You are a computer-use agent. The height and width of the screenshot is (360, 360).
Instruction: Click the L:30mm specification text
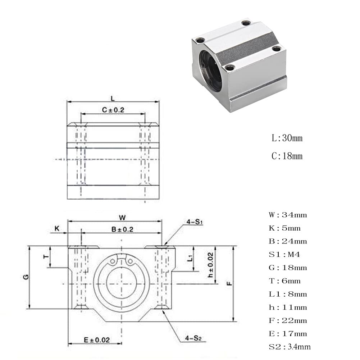coord(287,138)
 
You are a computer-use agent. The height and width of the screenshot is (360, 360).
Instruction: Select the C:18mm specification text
coord(287,156)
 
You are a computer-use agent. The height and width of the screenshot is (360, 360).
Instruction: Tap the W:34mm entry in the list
coord(288,215)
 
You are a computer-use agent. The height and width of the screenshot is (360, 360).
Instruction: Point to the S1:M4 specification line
coord(284,254)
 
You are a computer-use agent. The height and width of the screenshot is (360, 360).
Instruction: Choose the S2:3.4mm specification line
coord(290,347)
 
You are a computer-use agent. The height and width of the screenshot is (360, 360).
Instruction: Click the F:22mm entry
coord(288,320)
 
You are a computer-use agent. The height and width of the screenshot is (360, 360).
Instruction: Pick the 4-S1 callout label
coord(195,222)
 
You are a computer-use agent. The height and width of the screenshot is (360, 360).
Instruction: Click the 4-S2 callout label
coord(193,338)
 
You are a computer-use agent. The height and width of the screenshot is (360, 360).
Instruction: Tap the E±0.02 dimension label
coord(97,340)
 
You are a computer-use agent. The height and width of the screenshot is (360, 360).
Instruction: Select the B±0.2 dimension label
coord(122,229)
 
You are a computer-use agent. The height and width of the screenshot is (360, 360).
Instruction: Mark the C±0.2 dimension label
coord(113,110)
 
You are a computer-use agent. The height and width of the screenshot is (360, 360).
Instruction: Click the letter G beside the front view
coord(26,277)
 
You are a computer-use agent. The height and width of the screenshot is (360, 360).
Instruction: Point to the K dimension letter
coord(57,228)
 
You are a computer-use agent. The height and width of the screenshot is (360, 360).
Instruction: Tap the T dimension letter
coord(46,256)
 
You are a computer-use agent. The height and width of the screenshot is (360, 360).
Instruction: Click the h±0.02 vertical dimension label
coord(210,265)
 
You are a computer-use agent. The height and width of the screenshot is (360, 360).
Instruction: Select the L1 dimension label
coord(190,258)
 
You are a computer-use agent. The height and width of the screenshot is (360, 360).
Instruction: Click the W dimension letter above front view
coord(122,218)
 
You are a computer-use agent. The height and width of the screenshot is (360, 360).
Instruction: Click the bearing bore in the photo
coord(211,72)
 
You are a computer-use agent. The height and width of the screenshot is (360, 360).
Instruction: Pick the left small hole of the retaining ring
coord(113,261)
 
